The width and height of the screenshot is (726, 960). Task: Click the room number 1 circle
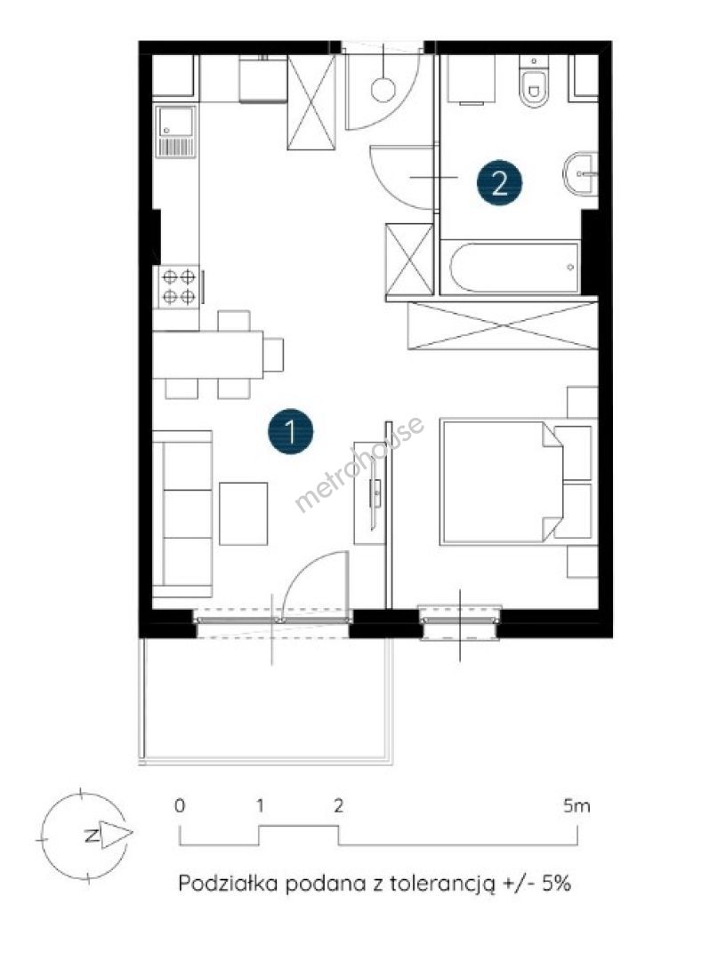point(290,432)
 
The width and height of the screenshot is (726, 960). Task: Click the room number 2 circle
point(499,182)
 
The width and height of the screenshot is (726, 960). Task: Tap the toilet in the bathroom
point(534,82)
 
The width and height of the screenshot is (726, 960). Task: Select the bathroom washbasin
point(579,174)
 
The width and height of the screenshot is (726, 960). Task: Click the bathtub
point(513,268)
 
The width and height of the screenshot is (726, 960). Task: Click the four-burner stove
point(179,287)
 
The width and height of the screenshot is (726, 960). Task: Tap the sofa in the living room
point(182,513)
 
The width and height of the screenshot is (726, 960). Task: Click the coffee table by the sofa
point(243,514)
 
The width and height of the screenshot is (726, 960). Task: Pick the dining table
point(207,355)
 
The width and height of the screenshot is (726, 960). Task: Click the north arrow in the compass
point(115,835)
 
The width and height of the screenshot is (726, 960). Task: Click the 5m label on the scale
point(577,805)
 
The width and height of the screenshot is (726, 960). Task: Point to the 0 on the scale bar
point(180,805)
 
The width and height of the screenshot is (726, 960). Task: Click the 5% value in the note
point(556,884)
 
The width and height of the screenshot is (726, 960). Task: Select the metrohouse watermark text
point(359,463)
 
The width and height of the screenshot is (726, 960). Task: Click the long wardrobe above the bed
point(503,325)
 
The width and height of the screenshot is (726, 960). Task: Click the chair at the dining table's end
point(274,355)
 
